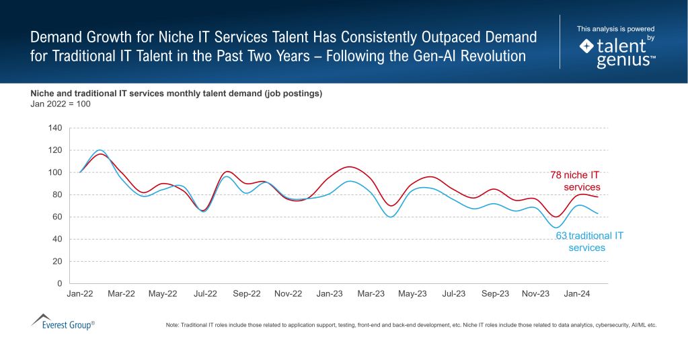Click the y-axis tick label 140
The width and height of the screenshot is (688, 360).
point(55,128)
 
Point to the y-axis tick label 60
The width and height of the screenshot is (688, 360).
point(57,217)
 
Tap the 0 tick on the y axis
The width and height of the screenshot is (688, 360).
point(60,283)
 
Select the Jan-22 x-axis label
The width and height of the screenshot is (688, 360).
point(80,294)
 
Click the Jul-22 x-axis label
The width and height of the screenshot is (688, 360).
point(205,294)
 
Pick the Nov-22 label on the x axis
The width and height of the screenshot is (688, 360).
point(288,294)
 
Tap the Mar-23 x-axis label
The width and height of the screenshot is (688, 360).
point(371,294)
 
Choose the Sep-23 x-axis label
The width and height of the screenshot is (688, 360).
point(495,294)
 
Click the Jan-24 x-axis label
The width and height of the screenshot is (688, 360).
point(578,294)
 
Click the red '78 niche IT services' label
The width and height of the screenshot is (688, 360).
point(575,181)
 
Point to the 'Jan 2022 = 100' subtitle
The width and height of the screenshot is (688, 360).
point(61,104)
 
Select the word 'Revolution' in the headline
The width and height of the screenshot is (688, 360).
point(492,56)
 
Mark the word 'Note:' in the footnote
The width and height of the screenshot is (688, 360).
point(174,325)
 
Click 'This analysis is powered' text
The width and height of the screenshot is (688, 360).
point(615,29)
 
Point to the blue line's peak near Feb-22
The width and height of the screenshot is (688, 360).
point(100,150)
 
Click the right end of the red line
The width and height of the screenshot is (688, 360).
point(598,197)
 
